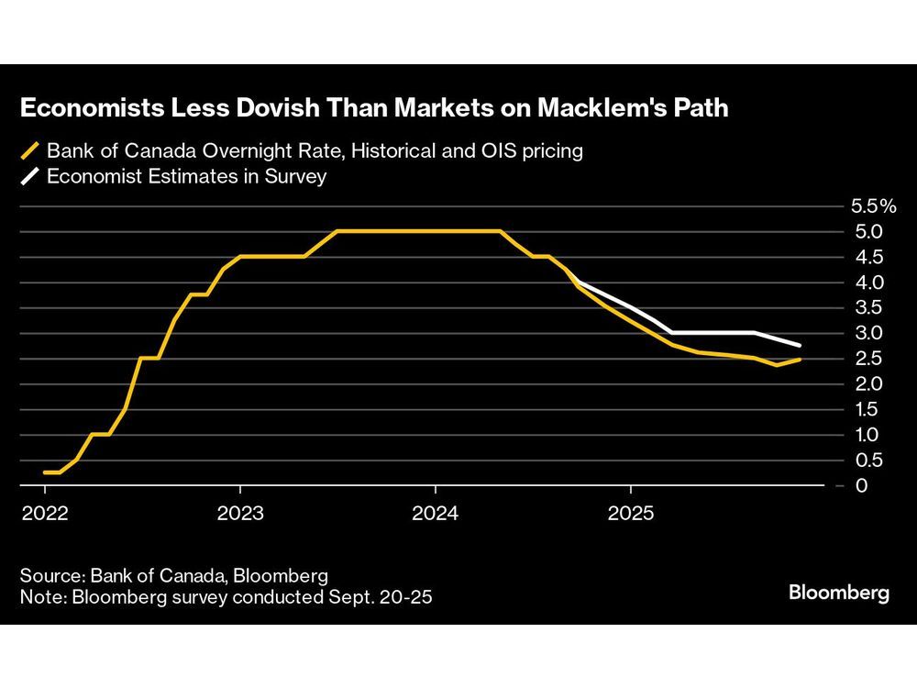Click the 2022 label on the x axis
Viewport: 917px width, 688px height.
point(44,513)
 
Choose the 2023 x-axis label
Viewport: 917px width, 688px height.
point(239,513)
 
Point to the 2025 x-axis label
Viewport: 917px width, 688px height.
point(630,513)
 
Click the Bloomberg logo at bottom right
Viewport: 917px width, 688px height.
point(839,594)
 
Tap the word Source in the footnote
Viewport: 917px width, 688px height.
point(50,576)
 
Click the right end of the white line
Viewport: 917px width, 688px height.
point(801,346)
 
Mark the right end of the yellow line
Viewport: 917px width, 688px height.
point(801,359)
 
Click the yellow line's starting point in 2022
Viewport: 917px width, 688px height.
point(44,472)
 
